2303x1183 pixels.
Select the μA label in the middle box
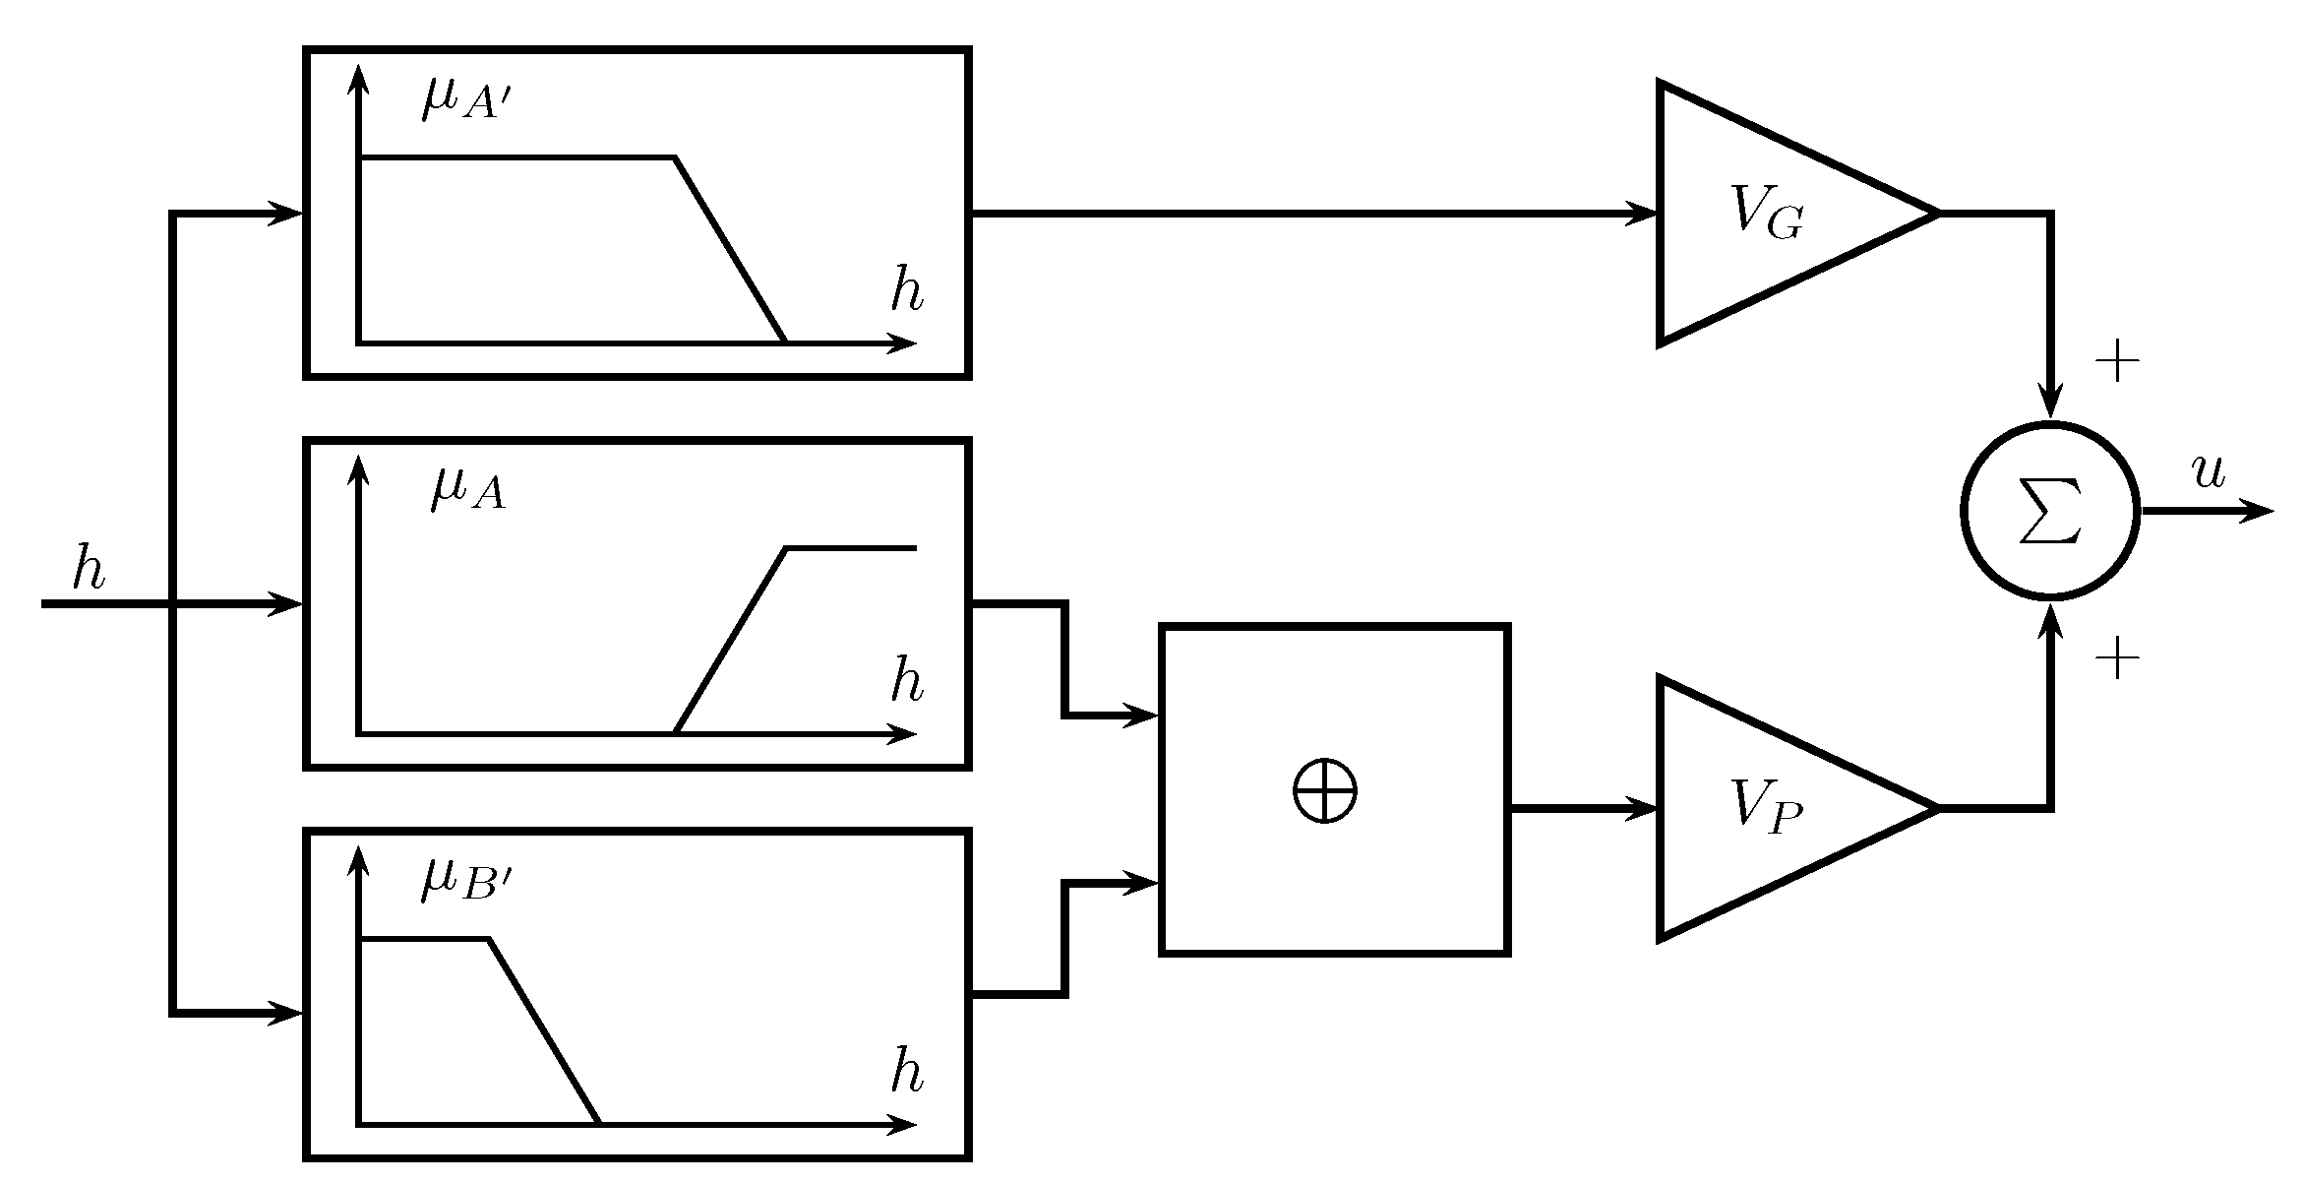(468, 490)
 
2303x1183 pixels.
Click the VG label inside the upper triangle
(1767, 211)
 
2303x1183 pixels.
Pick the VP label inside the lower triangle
(1766, 807)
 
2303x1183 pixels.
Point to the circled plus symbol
(1324, 789)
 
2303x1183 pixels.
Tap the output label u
(2209, 473)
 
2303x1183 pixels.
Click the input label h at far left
(89, 570)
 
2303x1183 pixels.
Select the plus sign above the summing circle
(2117, 363)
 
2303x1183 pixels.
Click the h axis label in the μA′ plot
(906, 290)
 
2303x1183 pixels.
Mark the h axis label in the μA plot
(906, 680)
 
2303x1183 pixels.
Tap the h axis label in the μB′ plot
(906, 1072)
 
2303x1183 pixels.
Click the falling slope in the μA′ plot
(730, 250)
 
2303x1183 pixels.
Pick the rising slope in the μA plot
(730, 641)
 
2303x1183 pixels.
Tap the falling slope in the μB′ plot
(544, 1031)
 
